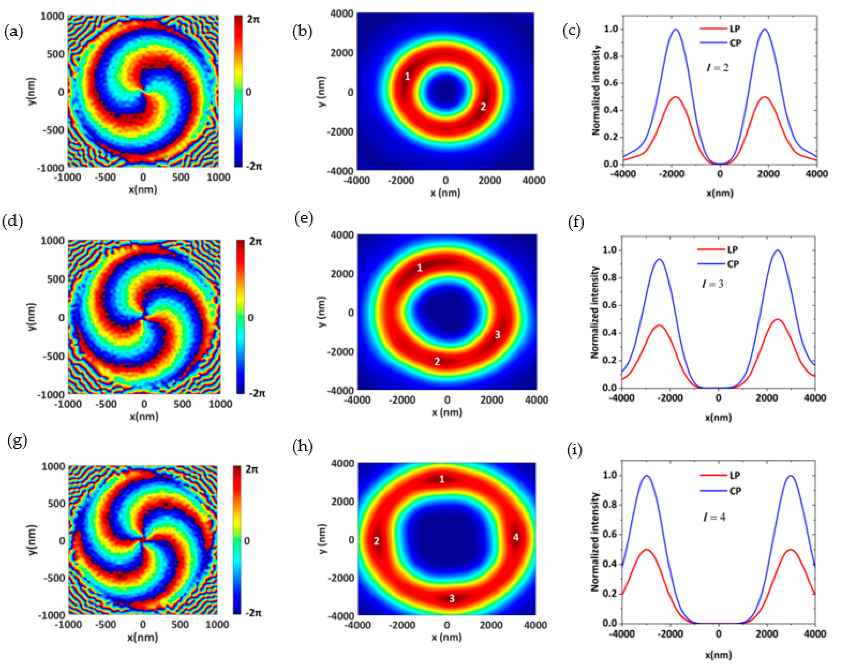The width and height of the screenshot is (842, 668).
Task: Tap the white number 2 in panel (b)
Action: point(483,106)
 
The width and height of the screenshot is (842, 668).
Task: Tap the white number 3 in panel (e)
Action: point(497,335)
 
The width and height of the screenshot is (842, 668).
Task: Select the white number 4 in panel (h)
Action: point(516,537)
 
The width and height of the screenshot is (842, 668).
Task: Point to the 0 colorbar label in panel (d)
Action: point(250,318)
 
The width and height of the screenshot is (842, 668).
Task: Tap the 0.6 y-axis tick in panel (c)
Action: point(611,83)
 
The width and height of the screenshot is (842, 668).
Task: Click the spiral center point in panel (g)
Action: point(143,540)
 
